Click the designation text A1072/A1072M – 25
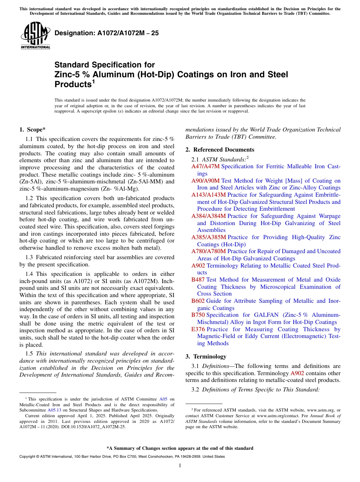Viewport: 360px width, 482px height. [106, 33]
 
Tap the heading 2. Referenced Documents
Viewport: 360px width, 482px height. [220, 150]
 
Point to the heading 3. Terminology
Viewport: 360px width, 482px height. [206, 357]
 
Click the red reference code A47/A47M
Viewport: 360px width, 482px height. [205, 166]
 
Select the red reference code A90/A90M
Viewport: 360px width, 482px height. [205, 181]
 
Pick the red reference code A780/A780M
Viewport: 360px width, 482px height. [208, 251]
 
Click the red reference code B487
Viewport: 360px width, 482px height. [198, 280]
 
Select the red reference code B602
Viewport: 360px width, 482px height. [198, 301]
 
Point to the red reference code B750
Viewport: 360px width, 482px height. [198, 315]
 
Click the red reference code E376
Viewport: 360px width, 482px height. [198, 329]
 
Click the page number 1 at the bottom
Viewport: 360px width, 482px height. [180, 466]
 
